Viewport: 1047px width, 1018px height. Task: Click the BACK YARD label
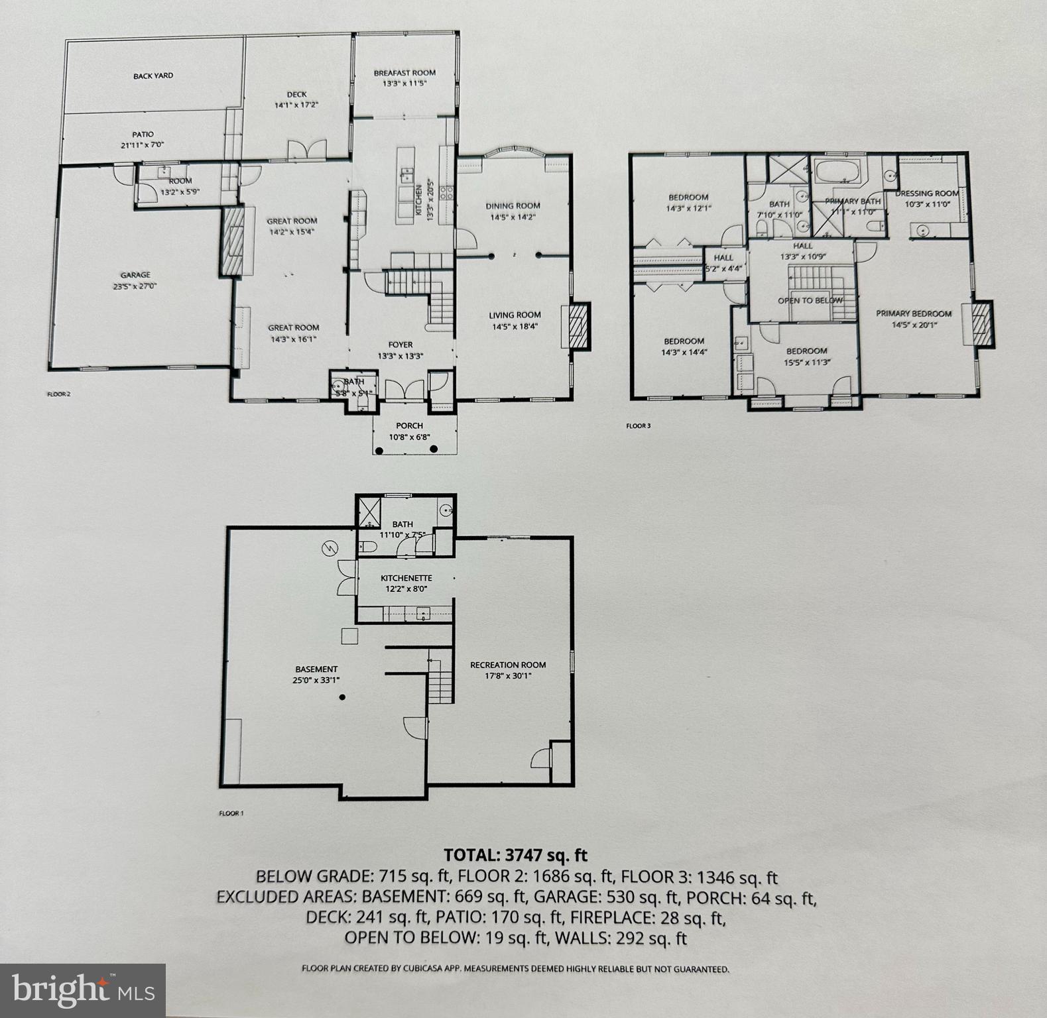point(153,76)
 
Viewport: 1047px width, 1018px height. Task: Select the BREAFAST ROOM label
point(404,74)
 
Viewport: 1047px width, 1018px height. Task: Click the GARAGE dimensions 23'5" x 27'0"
point(135,287)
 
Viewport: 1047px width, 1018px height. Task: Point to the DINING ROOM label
point(513,206)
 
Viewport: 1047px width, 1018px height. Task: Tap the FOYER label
point(400,345)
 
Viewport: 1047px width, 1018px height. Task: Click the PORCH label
point(409,425)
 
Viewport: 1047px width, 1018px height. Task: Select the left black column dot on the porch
point(379,449)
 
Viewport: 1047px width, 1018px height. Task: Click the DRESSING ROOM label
point(926,194)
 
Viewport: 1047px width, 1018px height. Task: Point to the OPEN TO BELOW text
point(810,300)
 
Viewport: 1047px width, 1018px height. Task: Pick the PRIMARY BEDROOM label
point(913,313)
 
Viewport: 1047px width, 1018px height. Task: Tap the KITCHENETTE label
point(406,578)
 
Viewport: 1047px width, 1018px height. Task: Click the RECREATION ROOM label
point(508,665)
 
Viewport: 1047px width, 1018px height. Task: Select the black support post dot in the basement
point(342,697)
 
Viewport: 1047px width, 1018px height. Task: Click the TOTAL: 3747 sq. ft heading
point(515,855)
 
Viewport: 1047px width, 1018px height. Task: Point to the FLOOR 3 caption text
point(638,426)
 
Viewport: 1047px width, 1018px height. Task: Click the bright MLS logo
point(82,990)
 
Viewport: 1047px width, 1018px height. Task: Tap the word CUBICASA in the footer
point(425,968)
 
